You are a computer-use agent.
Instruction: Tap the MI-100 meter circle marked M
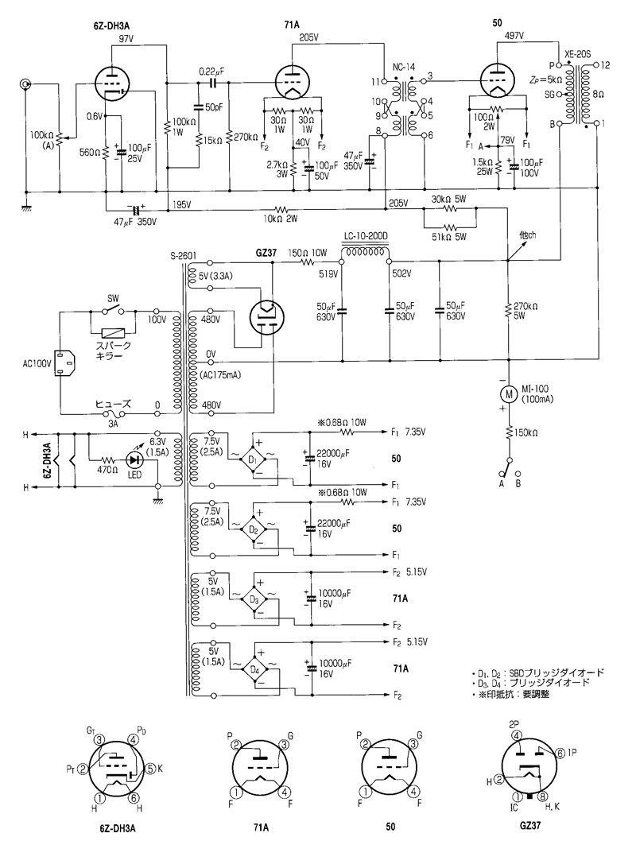tap(506, 393)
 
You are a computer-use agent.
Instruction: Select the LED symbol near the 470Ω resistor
tap(132, 459)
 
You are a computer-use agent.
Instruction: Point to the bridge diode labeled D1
tap(254, 459)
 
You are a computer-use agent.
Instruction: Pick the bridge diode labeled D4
tap(254, 669)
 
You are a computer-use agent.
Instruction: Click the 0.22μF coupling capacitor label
tap(211, 70)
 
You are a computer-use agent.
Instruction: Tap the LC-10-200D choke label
tap(365, 236)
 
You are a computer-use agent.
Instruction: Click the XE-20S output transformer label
tap(580, 55)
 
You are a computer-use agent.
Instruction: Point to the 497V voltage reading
tap(514, 36)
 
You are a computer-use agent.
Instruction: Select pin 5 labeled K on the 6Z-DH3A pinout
tap(148, 769)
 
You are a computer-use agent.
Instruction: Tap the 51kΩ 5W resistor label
tap(449, 237)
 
